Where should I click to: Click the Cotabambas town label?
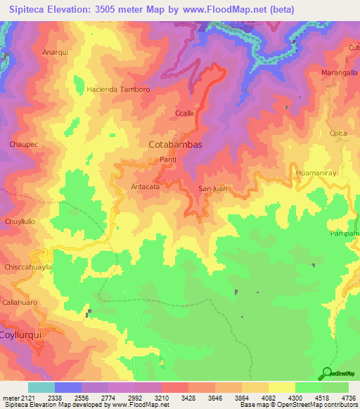176,145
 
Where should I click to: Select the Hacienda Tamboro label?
118,90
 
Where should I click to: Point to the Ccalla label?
184,112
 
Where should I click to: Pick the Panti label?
168,160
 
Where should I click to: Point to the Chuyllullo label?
20,222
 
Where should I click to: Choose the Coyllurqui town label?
22,335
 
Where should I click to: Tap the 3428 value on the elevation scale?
188,398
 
